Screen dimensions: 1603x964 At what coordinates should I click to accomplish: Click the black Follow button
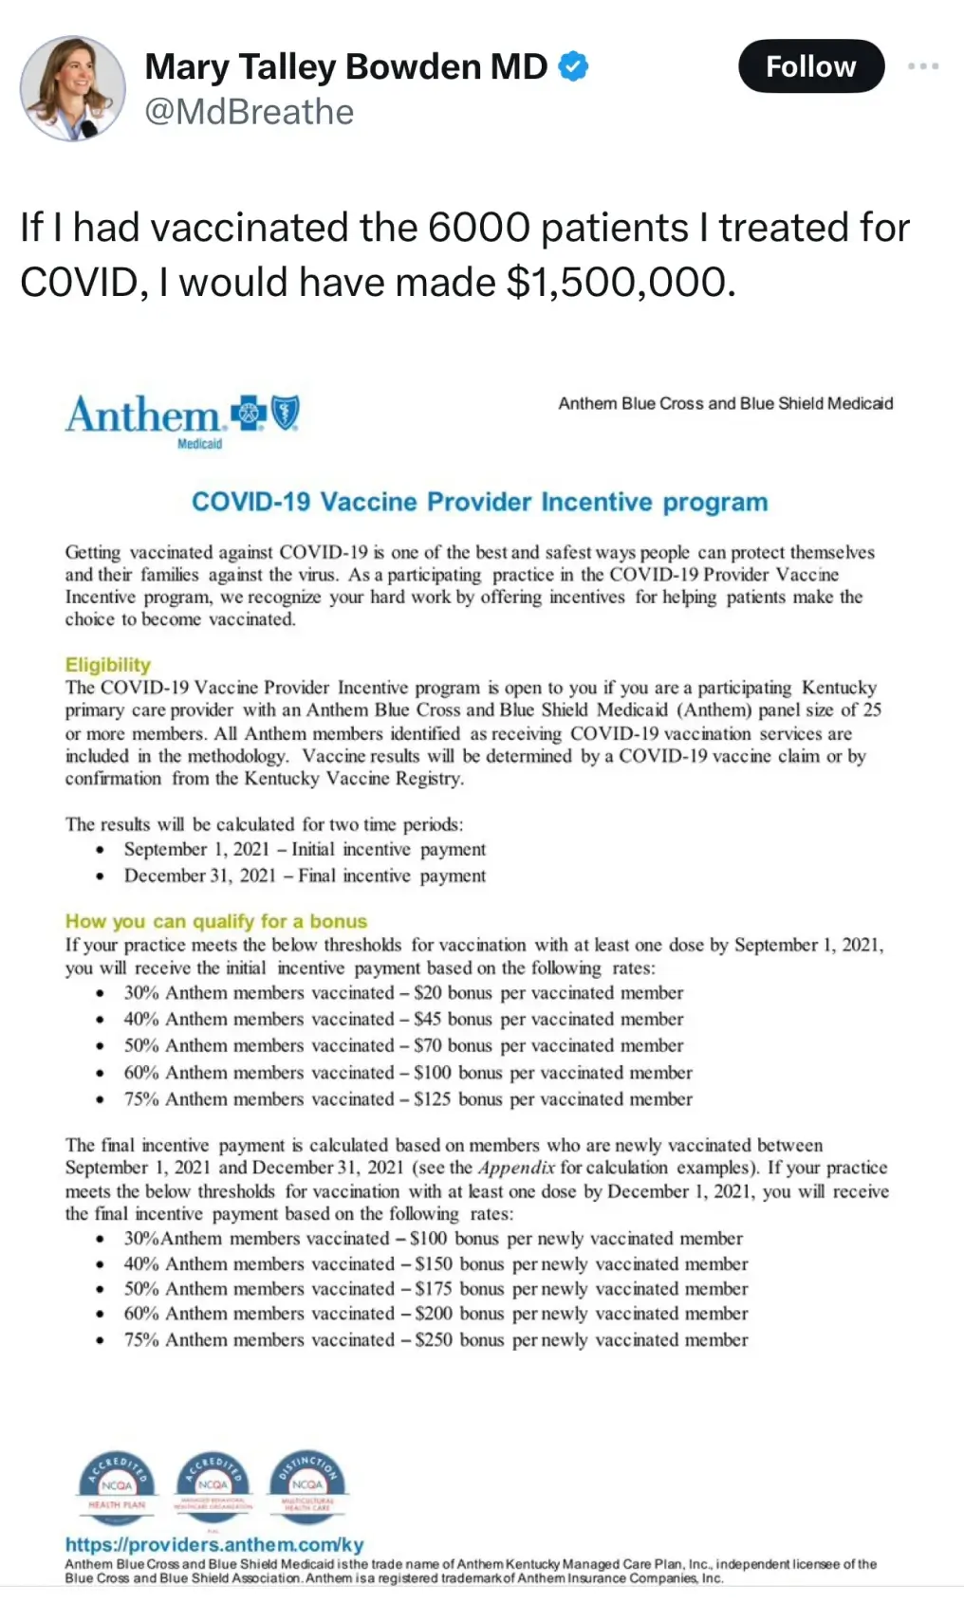(810, 66)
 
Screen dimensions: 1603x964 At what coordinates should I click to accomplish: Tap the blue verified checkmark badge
(573, 66)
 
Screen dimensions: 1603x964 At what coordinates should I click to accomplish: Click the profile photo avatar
(72, 88)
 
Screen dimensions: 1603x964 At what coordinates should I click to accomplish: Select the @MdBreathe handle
(249, 112)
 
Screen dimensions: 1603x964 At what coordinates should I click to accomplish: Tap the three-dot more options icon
(922, 66)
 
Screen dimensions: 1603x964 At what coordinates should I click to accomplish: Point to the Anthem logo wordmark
(142, 415)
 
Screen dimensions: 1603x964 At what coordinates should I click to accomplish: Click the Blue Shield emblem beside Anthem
(286, 414)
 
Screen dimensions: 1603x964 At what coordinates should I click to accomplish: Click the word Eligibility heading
(107, 664)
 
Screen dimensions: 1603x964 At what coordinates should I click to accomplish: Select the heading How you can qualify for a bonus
(215, 921)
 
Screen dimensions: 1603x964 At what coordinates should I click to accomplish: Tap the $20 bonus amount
(427, 992)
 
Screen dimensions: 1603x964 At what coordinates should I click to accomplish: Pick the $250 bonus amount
(433, 1339)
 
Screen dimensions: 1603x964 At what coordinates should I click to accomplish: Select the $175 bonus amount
(433, 1288)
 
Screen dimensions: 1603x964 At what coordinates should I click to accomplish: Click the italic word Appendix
(516, 1168)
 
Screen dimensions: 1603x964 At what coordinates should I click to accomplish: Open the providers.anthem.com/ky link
(214, 1544)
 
